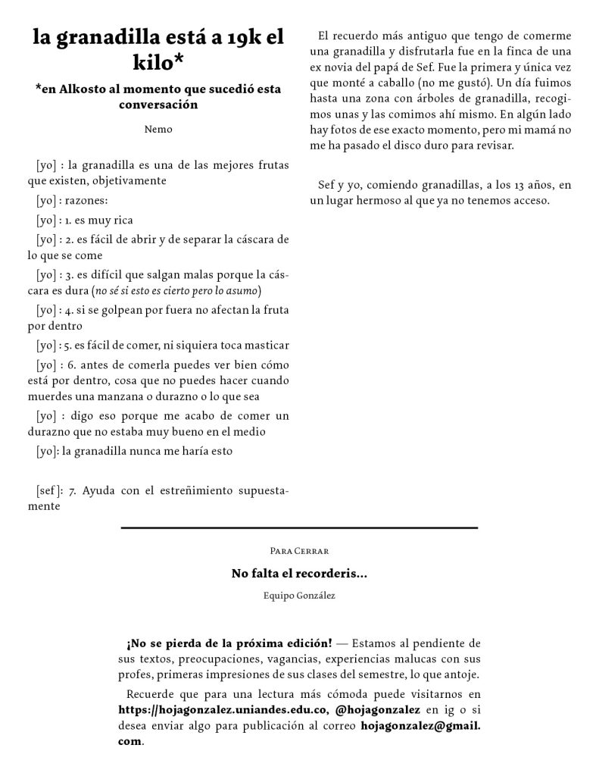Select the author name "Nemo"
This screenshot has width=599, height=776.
pos(158,129)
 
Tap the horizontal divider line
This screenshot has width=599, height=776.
pos(299,527)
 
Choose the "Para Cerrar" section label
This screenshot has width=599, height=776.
pos(298,549)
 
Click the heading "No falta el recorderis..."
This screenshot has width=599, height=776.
pos(299,574)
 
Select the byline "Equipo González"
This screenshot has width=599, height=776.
pos(298,596)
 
